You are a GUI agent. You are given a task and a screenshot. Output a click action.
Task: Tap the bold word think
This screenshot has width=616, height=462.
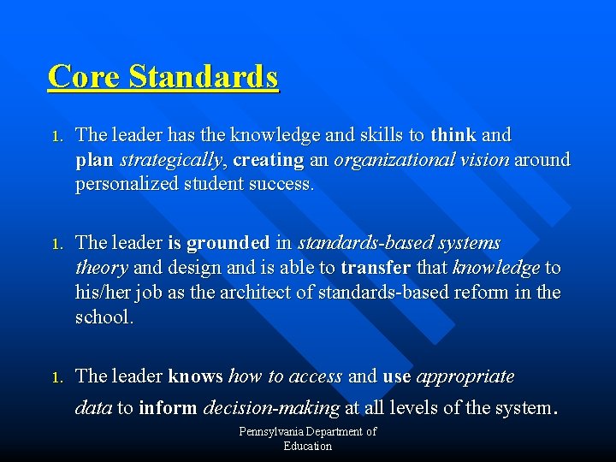pos(454,135)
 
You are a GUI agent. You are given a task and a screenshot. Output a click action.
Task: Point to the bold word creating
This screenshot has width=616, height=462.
pos(268,160)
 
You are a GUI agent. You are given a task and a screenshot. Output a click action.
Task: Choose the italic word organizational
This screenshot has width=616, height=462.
pos(389,160)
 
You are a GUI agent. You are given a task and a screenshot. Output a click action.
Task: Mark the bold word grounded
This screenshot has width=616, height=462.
pos(228,244)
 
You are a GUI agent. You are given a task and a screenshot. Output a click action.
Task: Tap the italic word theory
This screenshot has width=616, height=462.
pos(102,269)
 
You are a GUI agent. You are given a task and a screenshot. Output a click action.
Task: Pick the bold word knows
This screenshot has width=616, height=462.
pos(196,376)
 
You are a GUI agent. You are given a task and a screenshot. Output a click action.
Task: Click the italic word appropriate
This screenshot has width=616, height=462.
pos(465,376)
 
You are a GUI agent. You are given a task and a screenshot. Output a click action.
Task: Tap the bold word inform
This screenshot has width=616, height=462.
pos(168,408)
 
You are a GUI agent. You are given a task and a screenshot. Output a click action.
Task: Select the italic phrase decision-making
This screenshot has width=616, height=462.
pos(271,408)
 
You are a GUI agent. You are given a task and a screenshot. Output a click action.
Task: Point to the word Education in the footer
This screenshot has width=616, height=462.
pos(308,446)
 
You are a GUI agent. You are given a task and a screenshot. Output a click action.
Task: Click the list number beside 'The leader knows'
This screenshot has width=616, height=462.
pos(56,377)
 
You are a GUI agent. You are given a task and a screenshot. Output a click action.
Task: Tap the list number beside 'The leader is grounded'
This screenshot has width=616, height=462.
pos(56,245)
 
